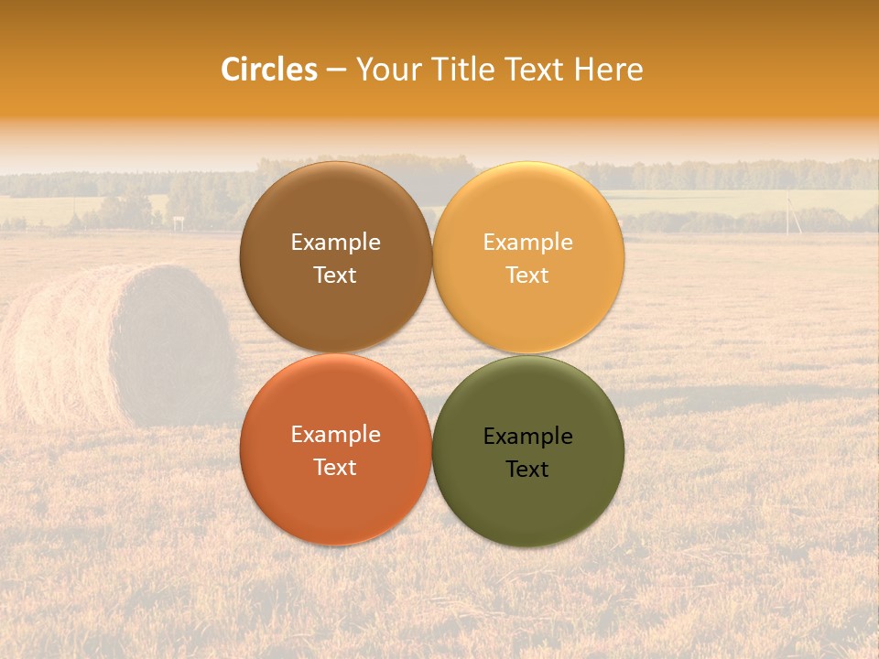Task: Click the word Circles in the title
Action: point(268,70)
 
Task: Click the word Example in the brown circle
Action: point(335,243)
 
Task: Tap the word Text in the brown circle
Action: point(335,275)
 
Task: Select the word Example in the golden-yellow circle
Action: point(527,243)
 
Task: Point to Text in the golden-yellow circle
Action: point(527,275)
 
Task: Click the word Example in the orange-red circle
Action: point(335,435)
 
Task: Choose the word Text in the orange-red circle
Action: point(335,467)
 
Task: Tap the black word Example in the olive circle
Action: point(527,437)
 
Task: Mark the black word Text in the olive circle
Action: point(527,470)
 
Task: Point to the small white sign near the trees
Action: point(178,221)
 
